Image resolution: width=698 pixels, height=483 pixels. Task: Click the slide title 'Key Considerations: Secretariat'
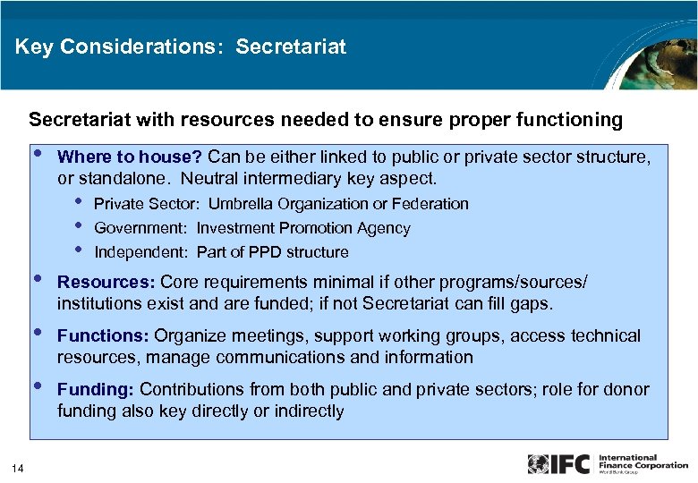click(180, 47)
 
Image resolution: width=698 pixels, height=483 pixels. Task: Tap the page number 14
click(18, 465)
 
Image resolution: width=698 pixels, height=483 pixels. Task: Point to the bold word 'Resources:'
click(106, 282)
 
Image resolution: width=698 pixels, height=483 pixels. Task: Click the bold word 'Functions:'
click(104, 335)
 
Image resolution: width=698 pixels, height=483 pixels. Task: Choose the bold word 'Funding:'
click(97, 389)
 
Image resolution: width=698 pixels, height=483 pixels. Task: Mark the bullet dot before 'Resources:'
click(37, 279)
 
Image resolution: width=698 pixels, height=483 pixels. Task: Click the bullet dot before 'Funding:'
click(37, 386)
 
